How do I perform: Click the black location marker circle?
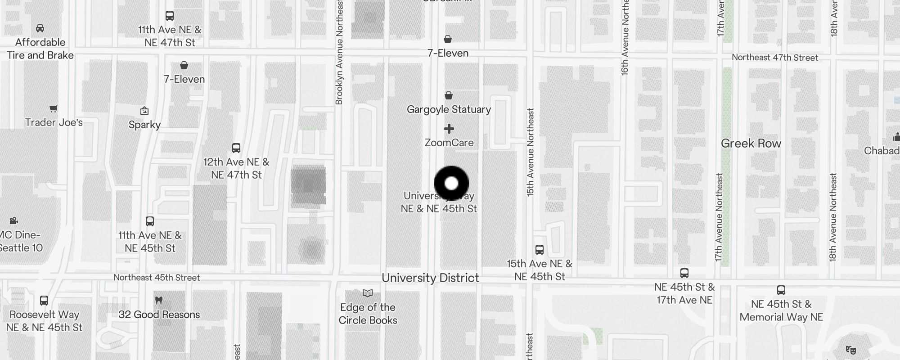click(x=451, y=183)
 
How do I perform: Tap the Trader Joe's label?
click(x=54, y=122)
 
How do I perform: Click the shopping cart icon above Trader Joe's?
click(x=54, y=108)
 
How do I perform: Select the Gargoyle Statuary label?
click(x=449, y=109)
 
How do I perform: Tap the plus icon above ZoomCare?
click(x=449, y=129)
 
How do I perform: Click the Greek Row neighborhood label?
click(x=751, y=144)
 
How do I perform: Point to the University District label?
click(x=430, y=278)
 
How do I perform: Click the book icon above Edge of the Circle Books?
click(x=368, y=293)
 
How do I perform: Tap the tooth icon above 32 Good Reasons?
click(x=158, y=300)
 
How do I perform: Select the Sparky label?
click(x=144, y=125)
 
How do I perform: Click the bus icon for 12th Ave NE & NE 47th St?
click(x=236, y=148)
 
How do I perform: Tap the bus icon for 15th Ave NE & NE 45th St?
click(x=539, y=249)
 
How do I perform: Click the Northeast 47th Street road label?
click(x=774, y=58)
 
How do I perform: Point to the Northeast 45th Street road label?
click(x=157, y=278)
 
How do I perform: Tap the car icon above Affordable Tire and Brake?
click(x=40, y=28)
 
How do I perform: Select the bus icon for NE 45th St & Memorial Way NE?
click(x=781, y=290)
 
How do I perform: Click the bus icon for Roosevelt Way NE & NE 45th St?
click(x=44, y=301)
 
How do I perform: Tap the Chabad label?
click(x=881, y=151)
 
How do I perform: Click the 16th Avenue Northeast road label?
click(x=625, y=37)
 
